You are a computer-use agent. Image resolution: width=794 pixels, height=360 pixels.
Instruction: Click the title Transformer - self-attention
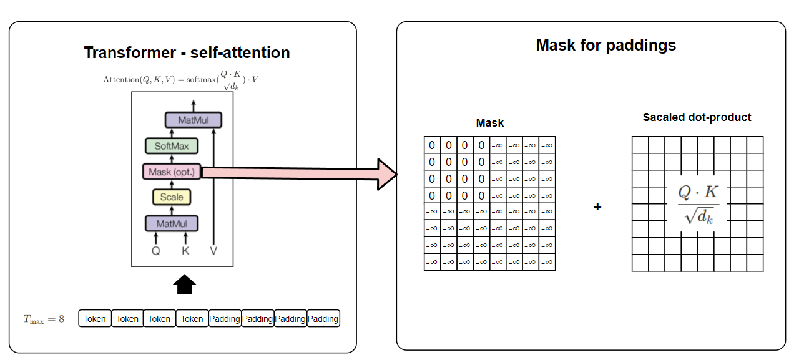click(x=187, y=52)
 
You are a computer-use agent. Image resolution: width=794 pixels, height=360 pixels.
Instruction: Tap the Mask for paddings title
click(x=605, y=45)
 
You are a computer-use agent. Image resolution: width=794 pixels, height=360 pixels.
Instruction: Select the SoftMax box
click(x=172, y=147)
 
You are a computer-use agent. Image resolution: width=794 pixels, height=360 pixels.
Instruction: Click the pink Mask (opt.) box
click(x=172, y=172)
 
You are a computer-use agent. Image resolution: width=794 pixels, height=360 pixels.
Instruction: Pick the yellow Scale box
click(x=172, y=197)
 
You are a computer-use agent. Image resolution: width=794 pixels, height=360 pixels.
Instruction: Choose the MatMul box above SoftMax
click(x=194, y=120)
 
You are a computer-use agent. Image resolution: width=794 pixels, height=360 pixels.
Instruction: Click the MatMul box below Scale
click(x=172, y=223)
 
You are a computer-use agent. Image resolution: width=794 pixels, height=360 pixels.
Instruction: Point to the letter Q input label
click(x=156, y=251)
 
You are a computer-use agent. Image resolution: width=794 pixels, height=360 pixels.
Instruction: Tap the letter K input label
click(x=185, y=251)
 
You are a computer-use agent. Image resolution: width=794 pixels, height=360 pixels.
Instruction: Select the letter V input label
click(x=214, y=251)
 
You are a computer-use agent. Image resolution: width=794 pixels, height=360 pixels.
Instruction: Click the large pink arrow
click(x=300, y=173)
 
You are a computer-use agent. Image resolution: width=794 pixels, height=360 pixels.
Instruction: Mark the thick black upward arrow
click(x=184, y=285)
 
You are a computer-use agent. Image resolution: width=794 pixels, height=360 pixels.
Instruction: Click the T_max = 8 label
click(x=44, y=319)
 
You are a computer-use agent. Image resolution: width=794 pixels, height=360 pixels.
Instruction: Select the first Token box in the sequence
click(x=95, y=319)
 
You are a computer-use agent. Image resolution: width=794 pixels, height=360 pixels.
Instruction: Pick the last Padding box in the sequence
click(x=323, y=319)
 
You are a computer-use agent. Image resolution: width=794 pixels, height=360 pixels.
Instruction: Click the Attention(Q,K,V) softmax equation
click(x=181, y=80)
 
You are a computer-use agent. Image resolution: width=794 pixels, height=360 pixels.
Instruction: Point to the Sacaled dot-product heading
click(x=697, y=117)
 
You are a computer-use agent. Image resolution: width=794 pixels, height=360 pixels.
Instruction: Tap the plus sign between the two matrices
click(x=597, y=207)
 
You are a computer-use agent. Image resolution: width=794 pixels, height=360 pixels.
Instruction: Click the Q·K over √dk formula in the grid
click(x=698, y=204)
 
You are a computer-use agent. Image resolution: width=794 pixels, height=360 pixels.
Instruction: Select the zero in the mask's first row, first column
click(x=432, y=145)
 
